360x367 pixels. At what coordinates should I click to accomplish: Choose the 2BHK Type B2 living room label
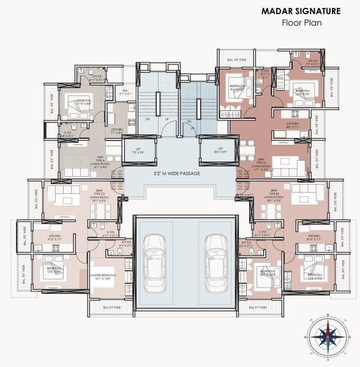(272, 196)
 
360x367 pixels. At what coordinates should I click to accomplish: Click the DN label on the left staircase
(148, 120)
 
